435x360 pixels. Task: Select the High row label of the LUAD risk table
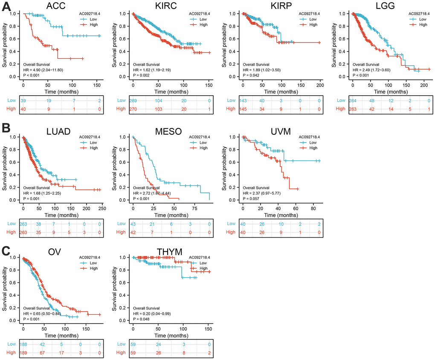(x=13, y=232)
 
